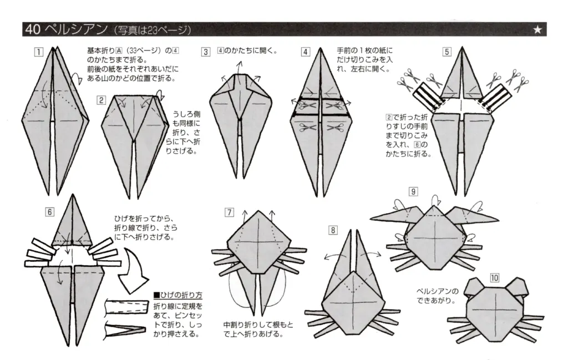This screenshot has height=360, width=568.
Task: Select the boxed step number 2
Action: pyautogui.click(x=101, y=100)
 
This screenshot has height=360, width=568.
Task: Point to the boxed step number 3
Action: pyautogui.click(x=206, y=52)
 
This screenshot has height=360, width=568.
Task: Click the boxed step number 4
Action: pyautogui.click(x=306, y=52)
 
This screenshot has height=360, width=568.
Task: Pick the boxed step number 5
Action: pyautogui.click(x=447, y=52)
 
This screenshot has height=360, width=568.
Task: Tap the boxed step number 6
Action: pyautogui.click(x=50, y=211)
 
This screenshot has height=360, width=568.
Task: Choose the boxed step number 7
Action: pyautogui.click(x=230, y=212)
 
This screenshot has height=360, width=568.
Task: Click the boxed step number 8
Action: pyautogui.click(x=332, y=230)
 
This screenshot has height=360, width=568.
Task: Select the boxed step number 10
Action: pyautogui.click(x=494, y=277)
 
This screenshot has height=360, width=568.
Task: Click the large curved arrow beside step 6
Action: pyautogui.click(x=131, y=272)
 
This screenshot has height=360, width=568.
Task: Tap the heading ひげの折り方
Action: pyautogui.click(x=177, y=295)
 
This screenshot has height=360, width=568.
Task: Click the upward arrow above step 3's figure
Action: pyautogui.click(x=240, y=67)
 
